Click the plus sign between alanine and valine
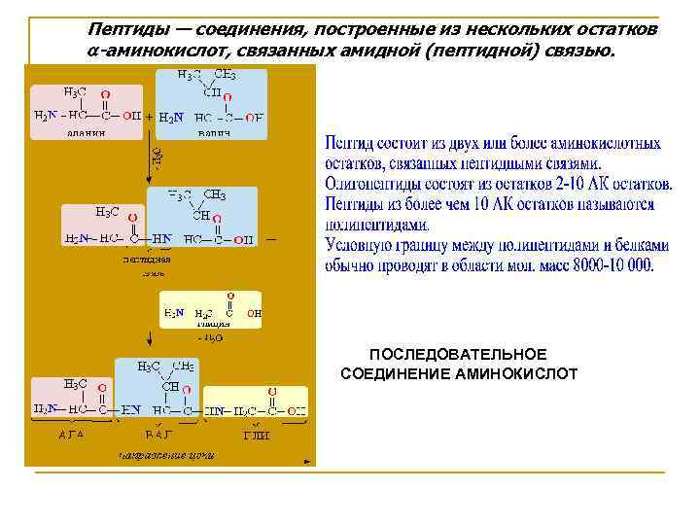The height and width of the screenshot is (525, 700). pyautogui.click(x=149, y=116)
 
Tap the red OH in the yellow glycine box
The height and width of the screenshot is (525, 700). pyautogui.click(x=254, y=314)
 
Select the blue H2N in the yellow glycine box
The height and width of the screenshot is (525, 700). pyautogui.click(x=173, y=313)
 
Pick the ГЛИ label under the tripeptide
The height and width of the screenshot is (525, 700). pyautogui.click(x=256, y=435)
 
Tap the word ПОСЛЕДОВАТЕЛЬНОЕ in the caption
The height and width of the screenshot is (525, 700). pyautogui.click(x=458, y=355)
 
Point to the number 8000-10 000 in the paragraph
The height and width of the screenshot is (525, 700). pyautogui.click(x=602, y=263)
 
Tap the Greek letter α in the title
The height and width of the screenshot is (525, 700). pyautogui.click(x=93, y=51)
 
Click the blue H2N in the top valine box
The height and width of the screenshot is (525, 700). pyautogui.click(x=170, y=118)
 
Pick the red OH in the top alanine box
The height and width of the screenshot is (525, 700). pyautogui.click(x=132, y=116)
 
